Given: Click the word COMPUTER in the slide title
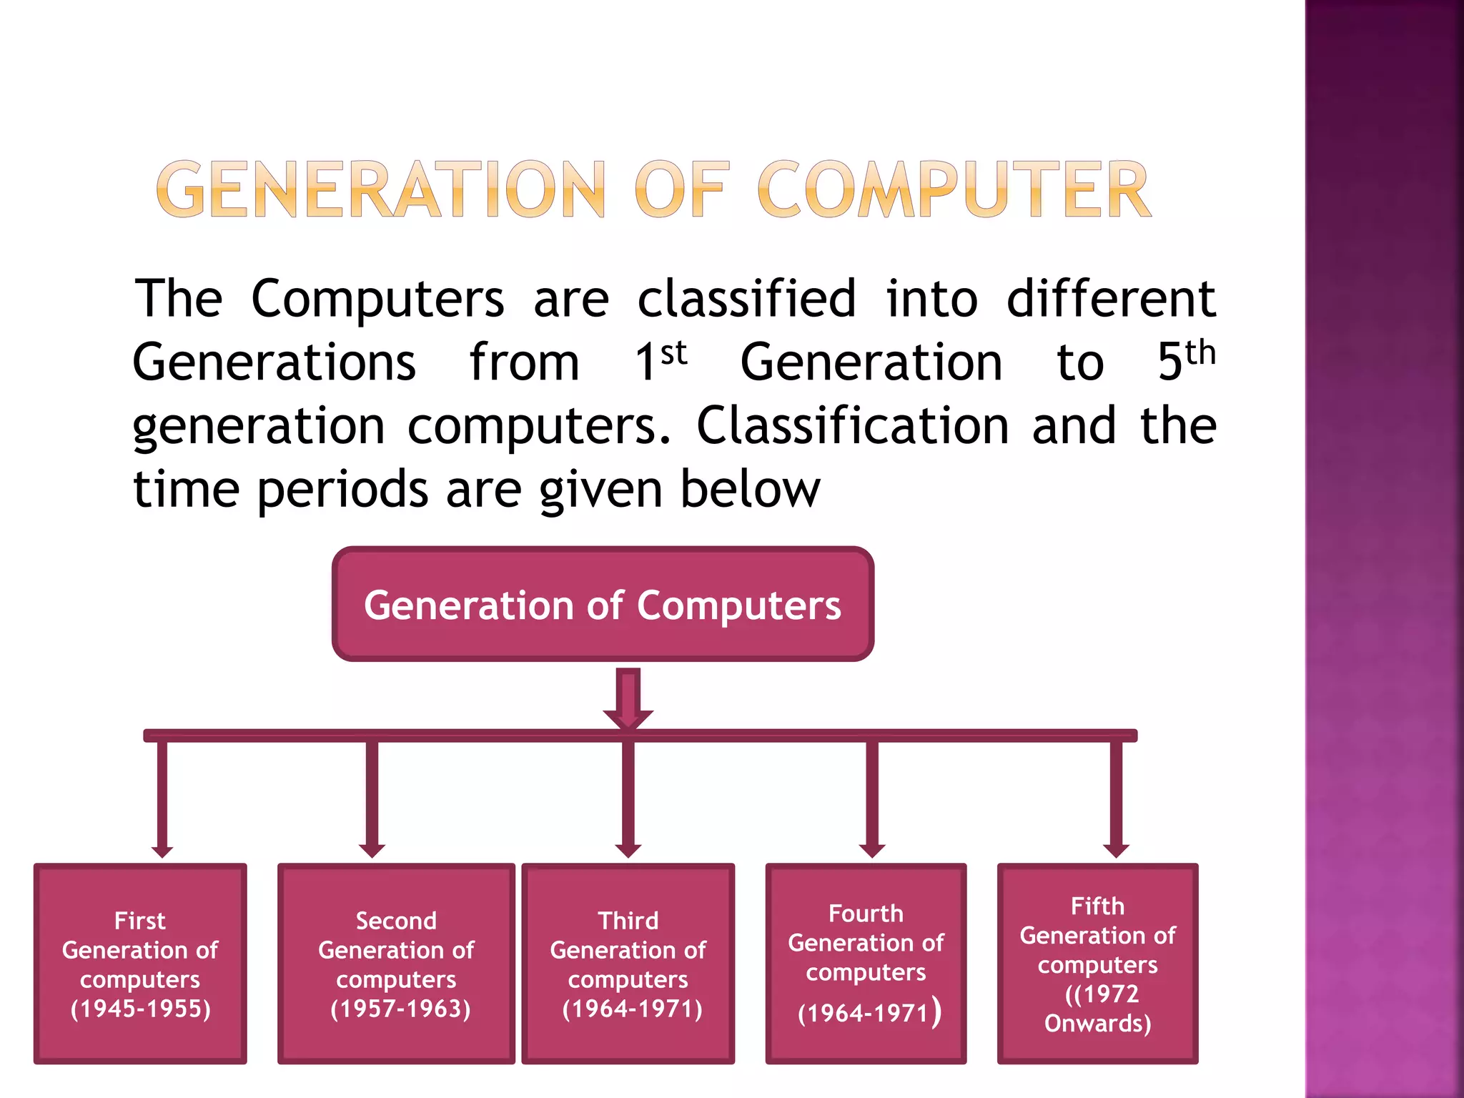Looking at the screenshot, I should pyautogui.click(x=954, y=189).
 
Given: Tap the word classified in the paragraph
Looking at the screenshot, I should pyautogui.click(x=746, y=298).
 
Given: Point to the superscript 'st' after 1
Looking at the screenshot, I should pyautogui.click(x=673, y=354).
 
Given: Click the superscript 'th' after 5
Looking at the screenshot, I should pyautogui.click(x=1200, y=354).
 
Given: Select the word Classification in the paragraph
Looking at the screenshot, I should pyautogui.click(x=852, y=426).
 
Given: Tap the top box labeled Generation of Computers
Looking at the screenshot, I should pyautogui.click(x=603, y=605).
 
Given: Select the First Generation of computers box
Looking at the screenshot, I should pyautogui.click(x=140, y=964).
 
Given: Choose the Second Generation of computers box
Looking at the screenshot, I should pyautogui.click(x=396, y=964).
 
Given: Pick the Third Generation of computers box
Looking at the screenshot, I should pyautogui.click(x=628, y=964).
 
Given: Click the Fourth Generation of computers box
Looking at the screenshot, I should pyautogui.click(x=866, y=964).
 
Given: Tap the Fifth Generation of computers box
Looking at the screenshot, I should pyautogui.click(x=1097, y=964).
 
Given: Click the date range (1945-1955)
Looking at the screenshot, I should pyautogui.click(x=141, y=1009).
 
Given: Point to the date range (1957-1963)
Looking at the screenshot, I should pyautogui.click(x=400, y=1009).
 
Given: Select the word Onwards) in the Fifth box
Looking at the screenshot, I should pyautogui.click(x=1097, y=1024).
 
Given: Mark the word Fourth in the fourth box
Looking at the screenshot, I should pyautogui.click(x=866, y=914).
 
